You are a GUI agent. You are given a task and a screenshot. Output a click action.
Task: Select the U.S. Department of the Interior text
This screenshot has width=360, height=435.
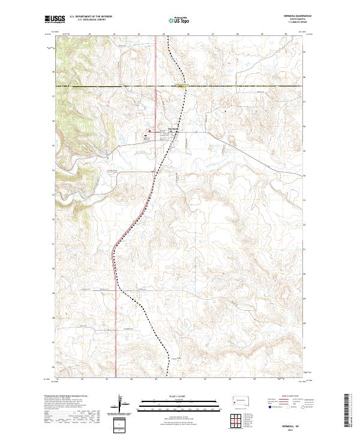point(91,16)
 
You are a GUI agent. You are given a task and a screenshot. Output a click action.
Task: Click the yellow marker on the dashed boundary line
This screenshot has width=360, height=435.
point(181,86)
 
